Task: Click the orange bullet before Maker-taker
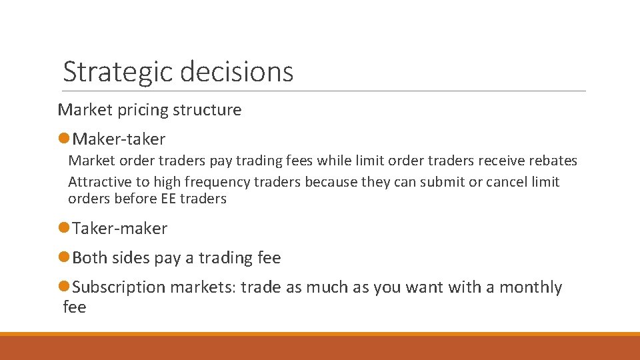(x=64, y=139)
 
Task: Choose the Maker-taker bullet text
(x=119, y=139)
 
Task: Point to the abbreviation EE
(x=169, y=199)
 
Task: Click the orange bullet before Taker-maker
(x=64, y=228)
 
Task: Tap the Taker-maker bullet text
(x=119, y=228)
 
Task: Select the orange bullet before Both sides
(x=64, y=257)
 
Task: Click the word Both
(x=89, y=257)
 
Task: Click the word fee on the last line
(x=74, y=307)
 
